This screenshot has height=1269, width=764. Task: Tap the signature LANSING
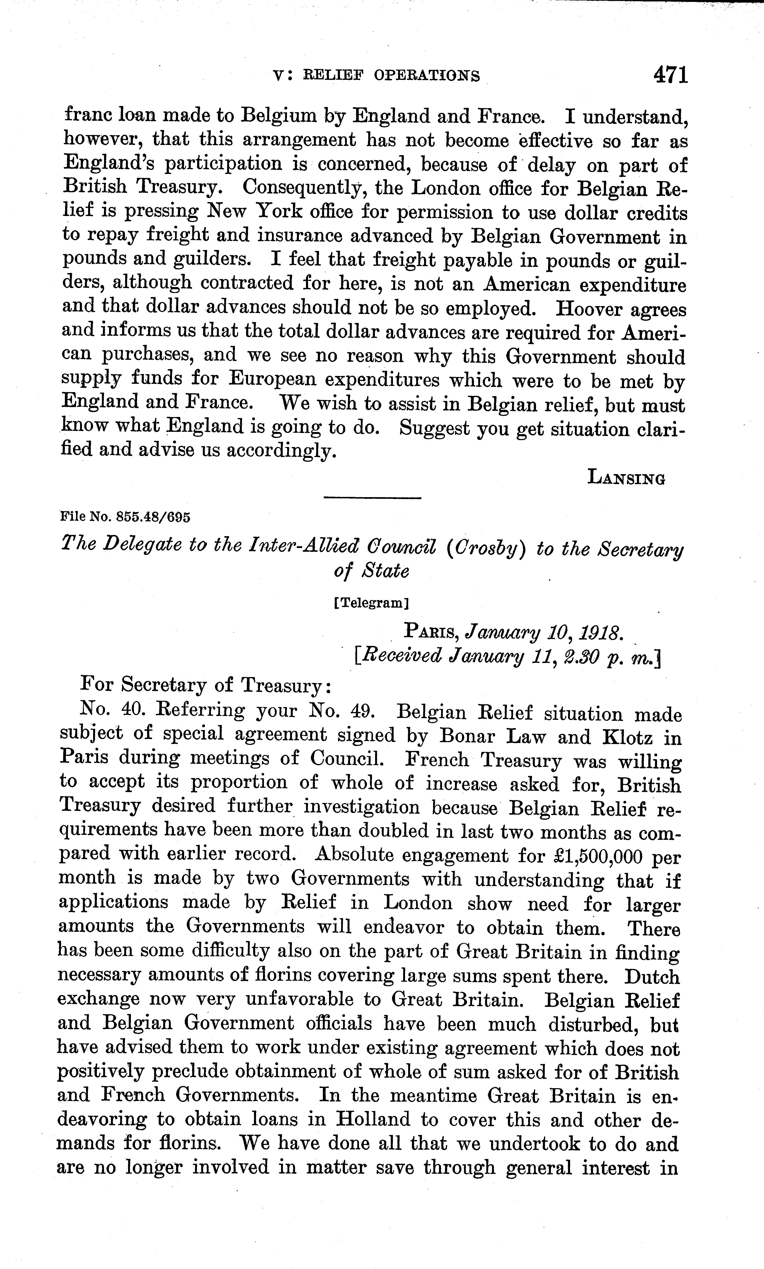(x=626, y=478)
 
